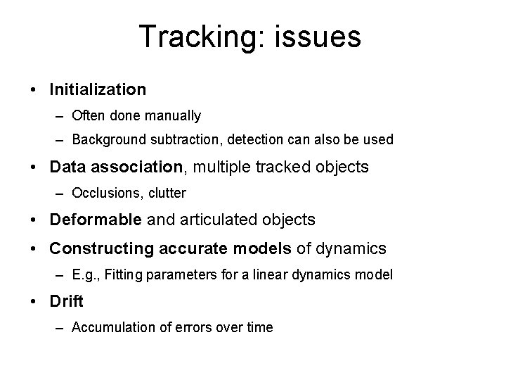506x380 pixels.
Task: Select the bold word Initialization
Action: pos(98,89)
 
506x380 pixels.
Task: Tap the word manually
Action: pos(174,115)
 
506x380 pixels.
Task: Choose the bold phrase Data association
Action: pos(115,167)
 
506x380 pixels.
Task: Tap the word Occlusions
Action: pos(102,193)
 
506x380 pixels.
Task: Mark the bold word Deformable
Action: pos(96,220)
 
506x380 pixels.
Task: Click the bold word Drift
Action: pos(67,301)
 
